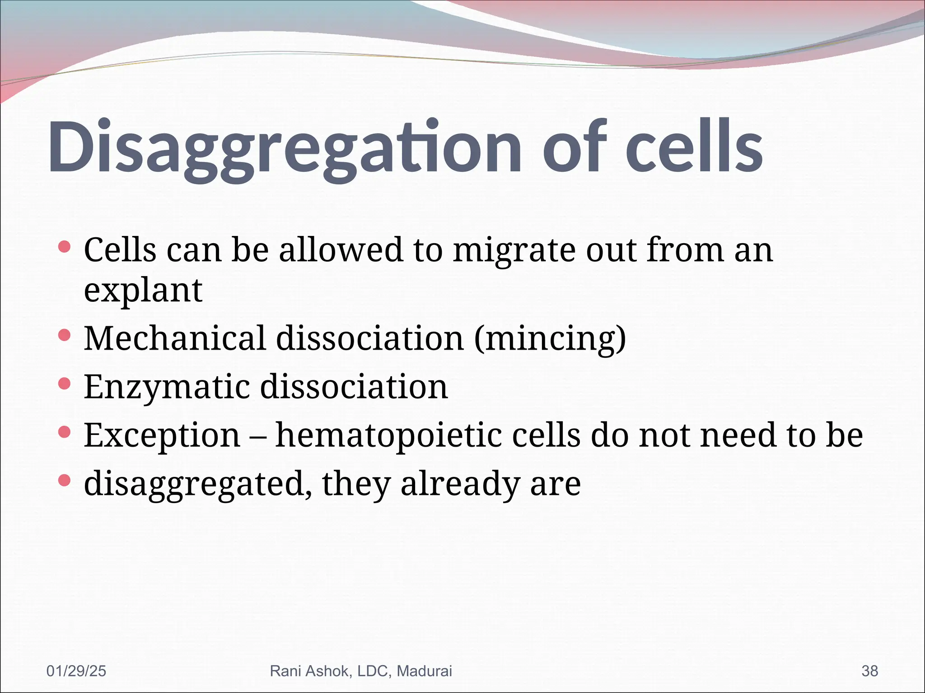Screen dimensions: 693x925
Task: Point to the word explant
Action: click(x=143, y=291)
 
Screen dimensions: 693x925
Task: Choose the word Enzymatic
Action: click(x=167, y=387)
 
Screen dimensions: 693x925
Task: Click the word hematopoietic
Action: click(x=388, y=435)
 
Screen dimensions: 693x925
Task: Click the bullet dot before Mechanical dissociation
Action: click(x=65, y=335)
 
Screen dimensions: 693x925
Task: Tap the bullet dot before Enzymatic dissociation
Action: click(x=65, y=383)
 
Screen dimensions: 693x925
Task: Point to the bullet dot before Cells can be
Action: click(x=65, y=246)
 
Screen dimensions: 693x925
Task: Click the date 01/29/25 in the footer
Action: click(x=76, y=671)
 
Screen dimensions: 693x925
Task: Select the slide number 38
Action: click(x=869, y=671)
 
